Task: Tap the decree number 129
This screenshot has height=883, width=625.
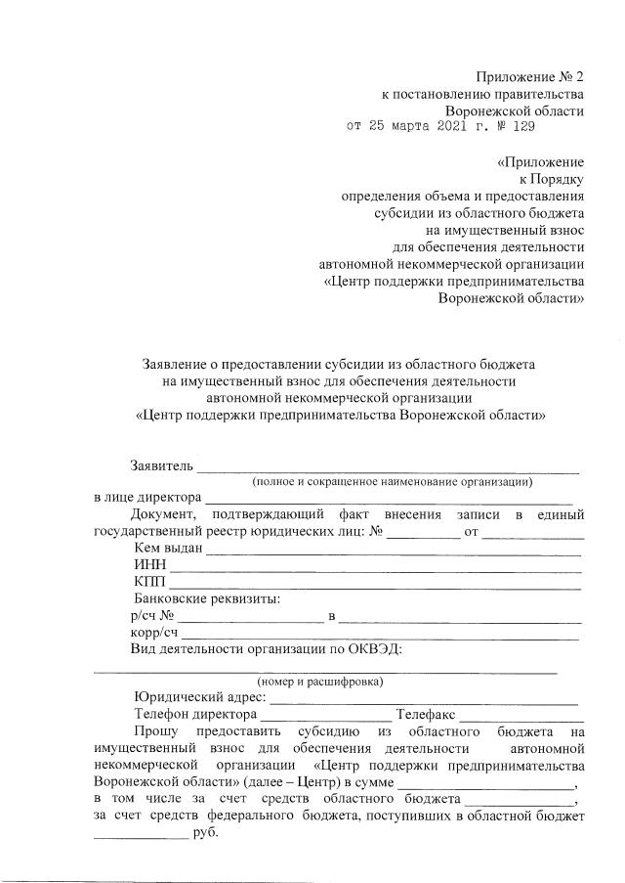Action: click(523, 126)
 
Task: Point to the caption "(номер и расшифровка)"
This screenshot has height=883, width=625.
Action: click(320, 681)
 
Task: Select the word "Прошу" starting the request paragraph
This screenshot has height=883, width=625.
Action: click(157, 731)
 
